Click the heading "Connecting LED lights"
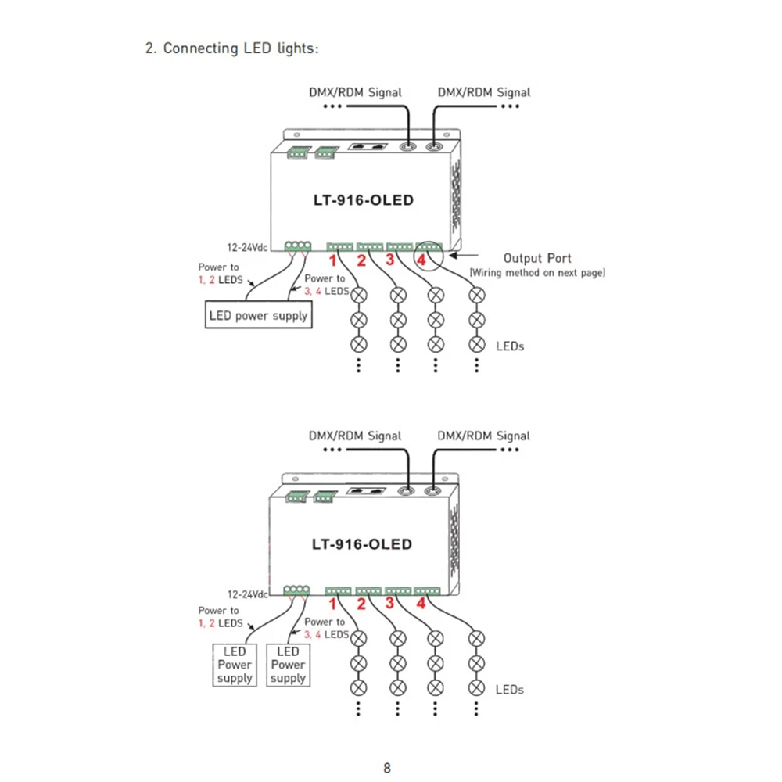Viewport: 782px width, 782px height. click(x=240, y=48)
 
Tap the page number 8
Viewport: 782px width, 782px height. click(x=387, y=768)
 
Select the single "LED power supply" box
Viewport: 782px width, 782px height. click(x=258, y=314)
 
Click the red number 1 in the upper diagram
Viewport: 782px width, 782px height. click(x=332, y=260)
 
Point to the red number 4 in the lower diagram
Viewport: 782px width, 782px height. click(x=421, y=604)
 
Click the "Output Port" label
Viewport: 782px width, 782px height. click(x=537, y=258)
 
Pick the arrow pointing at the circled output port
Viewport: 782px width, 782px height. click(x=463, y=256)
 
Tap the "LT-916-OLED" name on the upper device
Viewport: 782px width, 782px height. click(x=364, y=200)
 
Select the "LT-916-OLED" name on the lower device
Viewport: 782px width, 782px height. click(x=362, y=544)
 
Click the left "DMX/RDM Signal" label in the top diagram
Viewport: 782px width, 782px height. click(x=355, y=92)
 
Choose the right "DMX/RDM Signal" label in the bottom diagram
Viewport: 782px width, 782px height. click(x=483, y=436)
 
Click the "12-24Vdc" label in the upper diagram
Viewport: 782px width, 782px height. click(x=247, y=247)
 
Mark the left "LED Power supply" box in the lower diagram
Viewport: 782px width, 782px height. click(x=235, y=665)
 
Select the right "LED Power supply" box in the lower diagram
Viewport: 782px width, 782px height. click(x=288, y=665)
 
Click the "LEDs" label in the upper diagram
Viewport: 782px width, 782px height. click(x=510, y=346)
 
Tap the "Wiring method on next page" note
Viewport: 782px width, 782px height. click(x=537, y=273)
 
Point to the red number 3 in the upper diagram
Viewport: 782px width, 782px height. click(x=390, y=260)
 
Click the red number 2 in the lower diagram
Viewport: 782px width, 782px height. click(x=361, y=604)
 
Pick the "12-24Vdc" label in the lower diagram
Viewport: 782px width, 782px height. click(x=248, y=594)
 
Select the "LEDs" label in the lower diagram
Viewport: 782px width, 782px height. click(x=509, y=690)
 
